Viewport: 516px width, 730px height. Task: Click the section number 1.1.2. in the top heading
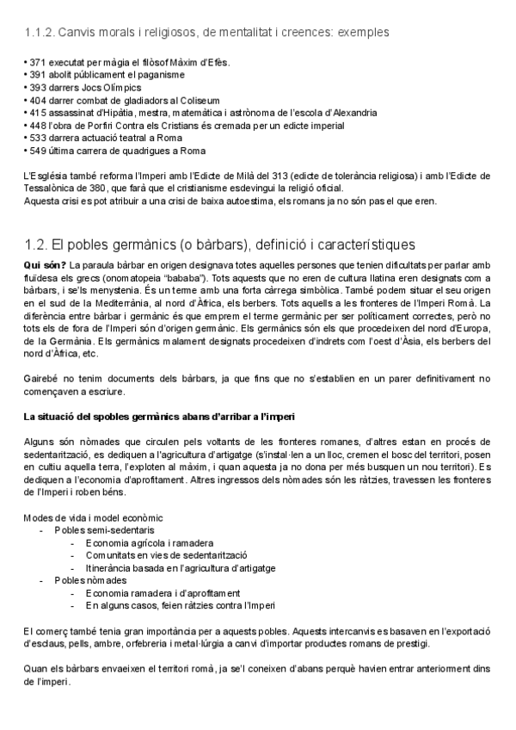click(x=40, y=33)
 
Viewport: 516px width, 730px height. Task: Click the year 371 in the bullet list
click(x=36, y=64)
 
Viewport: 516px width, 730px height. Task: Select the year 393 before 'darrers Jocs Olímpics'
click(x=36, y=88)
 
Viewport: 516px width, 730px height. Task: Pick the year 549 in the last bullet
click(x=36, y=151)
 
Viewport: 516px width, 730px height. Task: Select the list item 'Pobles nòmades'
click(x=84, y=580)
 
